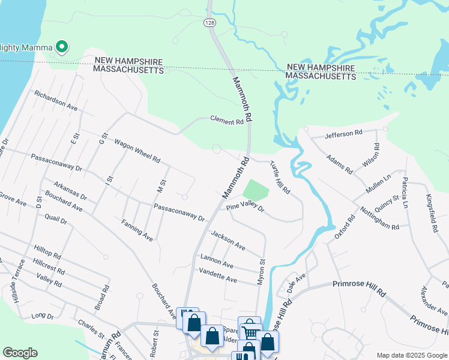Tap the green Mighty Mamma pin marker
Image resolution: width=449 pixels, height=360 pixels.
(61, 46)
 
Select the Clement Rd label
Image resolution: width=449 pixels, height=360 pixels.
(227, 120)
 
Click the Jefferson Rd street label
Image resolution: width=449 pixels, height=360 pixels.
(344, 133)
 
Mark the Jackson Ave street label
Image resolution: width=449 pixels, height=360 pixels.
(228, 241)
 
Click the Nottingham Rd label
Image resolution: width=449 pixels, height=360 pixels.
(379, 218)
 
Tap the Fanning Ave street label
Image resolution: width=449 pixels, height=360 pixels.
(137, 230)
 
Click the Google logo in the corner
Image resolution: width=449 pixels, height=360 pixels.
(20, 353)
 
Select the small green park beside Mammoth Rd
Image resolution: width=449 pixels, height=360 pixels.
(256, 191)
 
